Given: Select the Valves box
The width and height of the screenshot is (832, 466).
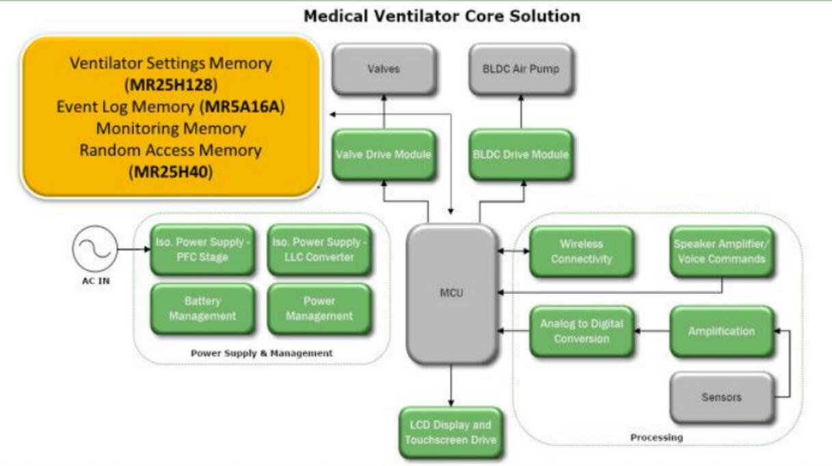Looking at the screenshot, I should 384,69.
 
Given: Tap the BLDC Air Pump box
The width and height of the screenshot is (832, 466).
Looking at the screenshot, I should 520,69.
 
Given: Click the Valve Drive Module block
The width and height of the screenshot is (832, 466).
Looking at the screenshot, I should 384,154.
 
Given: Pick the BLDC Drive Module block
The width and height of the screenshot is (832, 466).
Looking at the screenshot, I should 520,154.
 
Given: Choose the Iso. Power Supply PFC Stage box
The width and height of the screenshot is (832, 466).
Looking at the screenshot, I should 201,251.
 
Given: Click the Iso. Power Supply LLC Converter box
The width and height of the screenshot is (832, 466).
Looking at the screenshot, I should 319,251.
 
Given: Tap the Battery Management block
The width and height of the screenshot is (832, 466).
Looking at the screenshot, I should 201,308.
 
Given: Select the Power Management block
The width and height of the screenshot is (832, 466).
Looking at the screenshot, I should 319,308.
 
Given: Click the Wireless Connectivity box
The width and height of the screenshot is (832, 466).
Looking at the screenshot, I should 580,251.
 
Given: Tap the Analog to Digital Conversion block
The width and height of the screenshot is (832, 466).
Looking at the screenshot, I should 580,331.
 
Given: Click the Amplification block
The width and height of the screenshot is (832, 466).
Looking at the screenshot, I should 721,331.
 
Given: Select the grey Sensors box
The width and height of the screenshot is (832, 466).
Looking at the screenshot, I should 721,396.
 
